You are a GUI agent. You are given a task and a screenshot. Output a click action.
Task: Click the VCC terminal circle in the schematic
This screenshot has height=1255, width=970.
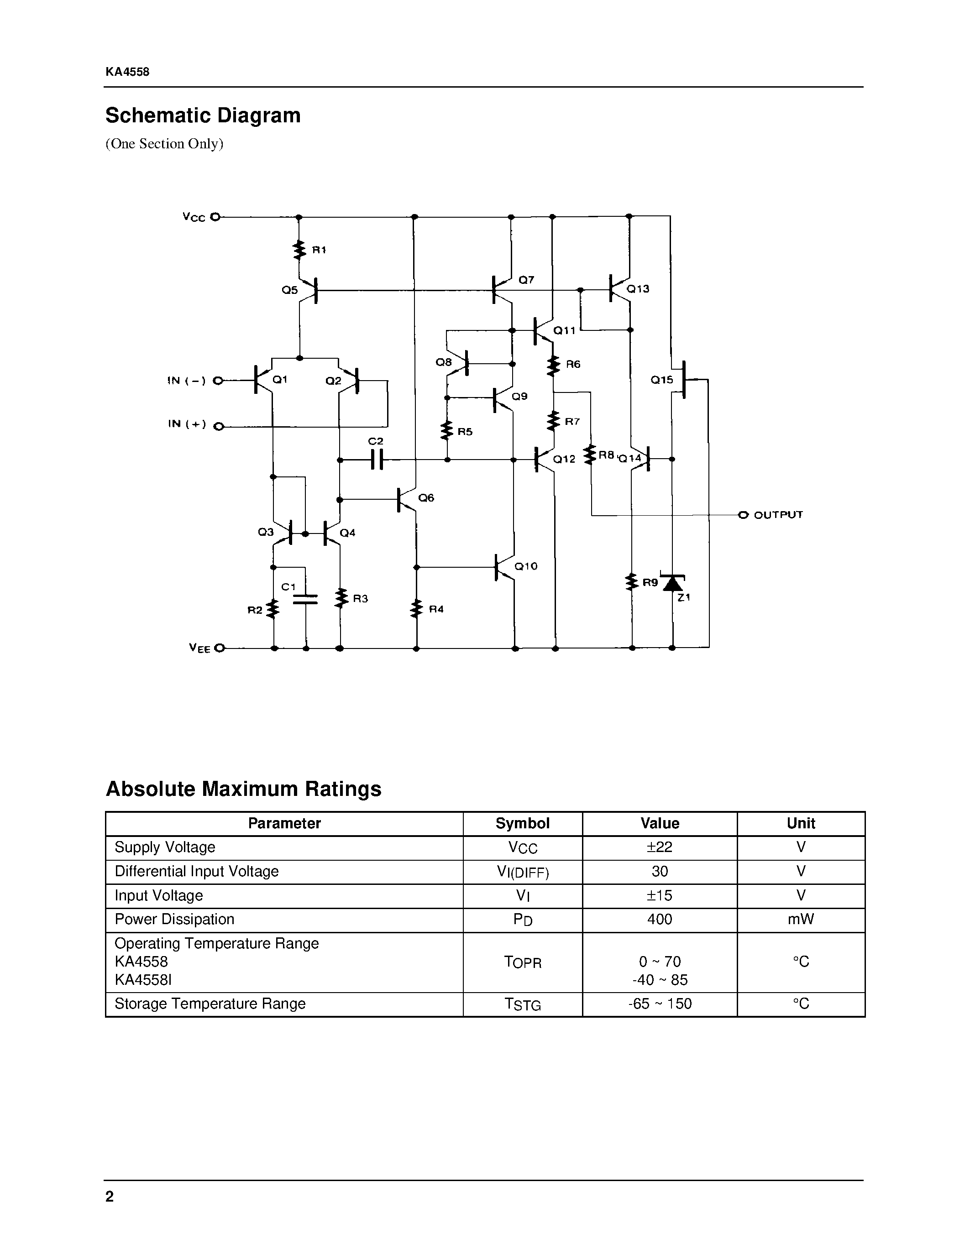(215, 217)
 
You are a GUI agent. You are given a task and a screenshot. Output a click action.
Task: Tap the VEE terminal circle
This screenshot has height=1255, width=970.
(219, 648)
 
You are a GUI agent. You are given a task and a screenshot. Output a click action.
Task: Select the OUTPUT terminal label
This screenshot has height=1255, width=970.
(778, 515)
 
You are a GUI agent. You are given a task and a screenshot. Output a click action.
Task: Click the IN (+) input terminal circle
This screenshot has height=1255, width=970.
(218, 426)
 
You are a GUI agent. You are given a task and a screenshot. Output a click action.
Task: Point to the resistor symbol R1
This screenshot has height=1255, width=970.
(299, 250)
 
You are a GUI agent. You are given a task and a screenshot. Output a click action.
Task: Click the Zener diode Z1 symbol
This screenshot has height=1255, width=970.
(672, 583)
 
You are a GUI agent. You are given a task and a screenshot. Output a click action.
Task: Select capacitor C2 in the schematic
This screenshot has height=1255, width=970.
(377, 459)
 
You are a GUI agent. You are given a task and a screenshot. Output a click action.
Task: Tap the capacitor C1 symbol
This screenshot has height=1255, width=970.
(305, 599)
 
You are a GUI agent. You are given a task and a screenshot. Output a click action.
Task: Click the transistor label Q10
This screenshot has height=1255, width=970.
(526, 566)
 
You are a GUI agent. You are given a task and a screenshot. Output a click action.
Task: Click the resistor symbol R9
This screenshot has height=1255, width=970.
(632, 582)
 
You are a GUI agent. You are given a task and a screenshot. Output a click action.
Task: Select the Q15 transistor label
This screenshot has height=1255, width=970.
(661, 380)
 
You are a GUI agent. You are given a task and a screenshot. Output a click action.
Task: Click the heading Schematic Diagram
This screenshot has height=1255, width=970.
(203, 115)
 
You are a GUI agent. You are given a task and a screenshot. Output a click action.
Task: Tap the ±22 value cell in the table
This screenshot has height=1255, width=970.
(660, 847)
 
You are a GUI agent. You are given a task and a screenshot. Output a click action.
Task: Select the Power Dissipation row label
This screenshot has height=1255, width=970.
(175, 920)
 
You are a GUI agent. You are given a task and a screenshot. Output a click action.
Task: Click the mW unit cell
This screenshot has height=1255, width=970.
(801, 920)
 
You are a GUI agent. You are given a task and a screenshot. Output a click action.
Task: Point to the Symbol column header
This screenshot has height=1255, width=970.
(522, 823)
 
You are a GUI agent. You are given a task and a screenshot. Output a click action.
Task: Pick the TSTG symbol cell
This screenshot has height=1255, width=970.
(522, 1004)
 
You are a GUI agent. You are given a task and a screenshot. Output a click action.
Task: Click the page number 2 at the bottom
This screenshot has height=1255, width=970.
(110, 1197)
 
